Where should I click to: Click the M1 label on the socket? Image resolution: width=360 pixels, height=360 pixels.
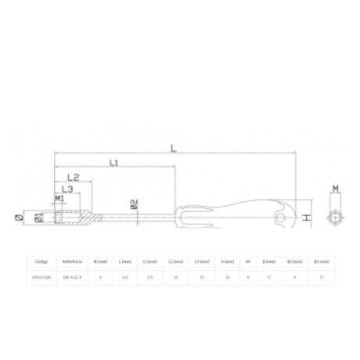(x=59, y=200)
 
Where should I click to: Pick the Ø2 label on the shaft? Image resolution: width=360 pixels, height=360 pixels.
(x=134, y=205)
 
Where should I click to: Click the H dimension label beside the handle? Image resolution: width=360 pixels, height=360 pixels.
(x=308, y=217)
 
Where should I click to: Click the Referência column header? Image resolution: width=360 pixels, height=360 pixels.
(x=72, y=262)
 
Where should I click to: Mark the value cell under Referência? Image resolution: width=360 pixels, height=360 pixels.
(x=72, y=277)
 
